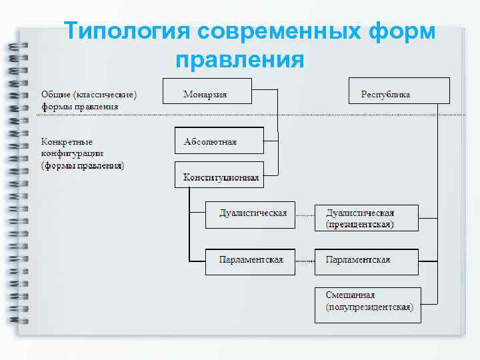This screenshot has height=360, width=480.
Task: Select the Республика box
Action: coord(399,91)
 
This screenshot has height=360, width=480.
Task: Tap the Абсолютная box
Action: coord(218,140)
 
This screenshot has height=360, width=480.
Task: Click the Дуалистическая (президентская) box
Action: coord(366,218)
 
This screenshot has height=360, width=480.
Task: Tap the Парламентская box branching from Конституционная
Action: coord(249,260)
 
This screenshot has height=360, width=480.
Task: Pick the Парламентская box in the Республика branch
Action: coord(366,260)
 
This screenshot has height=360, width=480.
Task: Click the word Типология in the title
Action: coord(125,32)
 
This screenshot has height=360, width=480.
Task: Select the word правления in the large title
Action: coord(239,60)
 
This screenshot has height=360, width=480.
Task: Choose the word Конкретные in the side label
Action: coord(67,142)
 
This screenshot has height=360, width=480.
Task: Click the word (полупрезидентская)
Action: coord(369,308)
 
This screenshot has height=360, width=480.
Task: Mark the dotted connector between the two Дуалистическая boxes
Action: coord(305,216)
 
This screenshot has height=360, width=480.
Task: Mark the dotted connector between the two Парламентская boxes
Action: coord(305,260)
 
